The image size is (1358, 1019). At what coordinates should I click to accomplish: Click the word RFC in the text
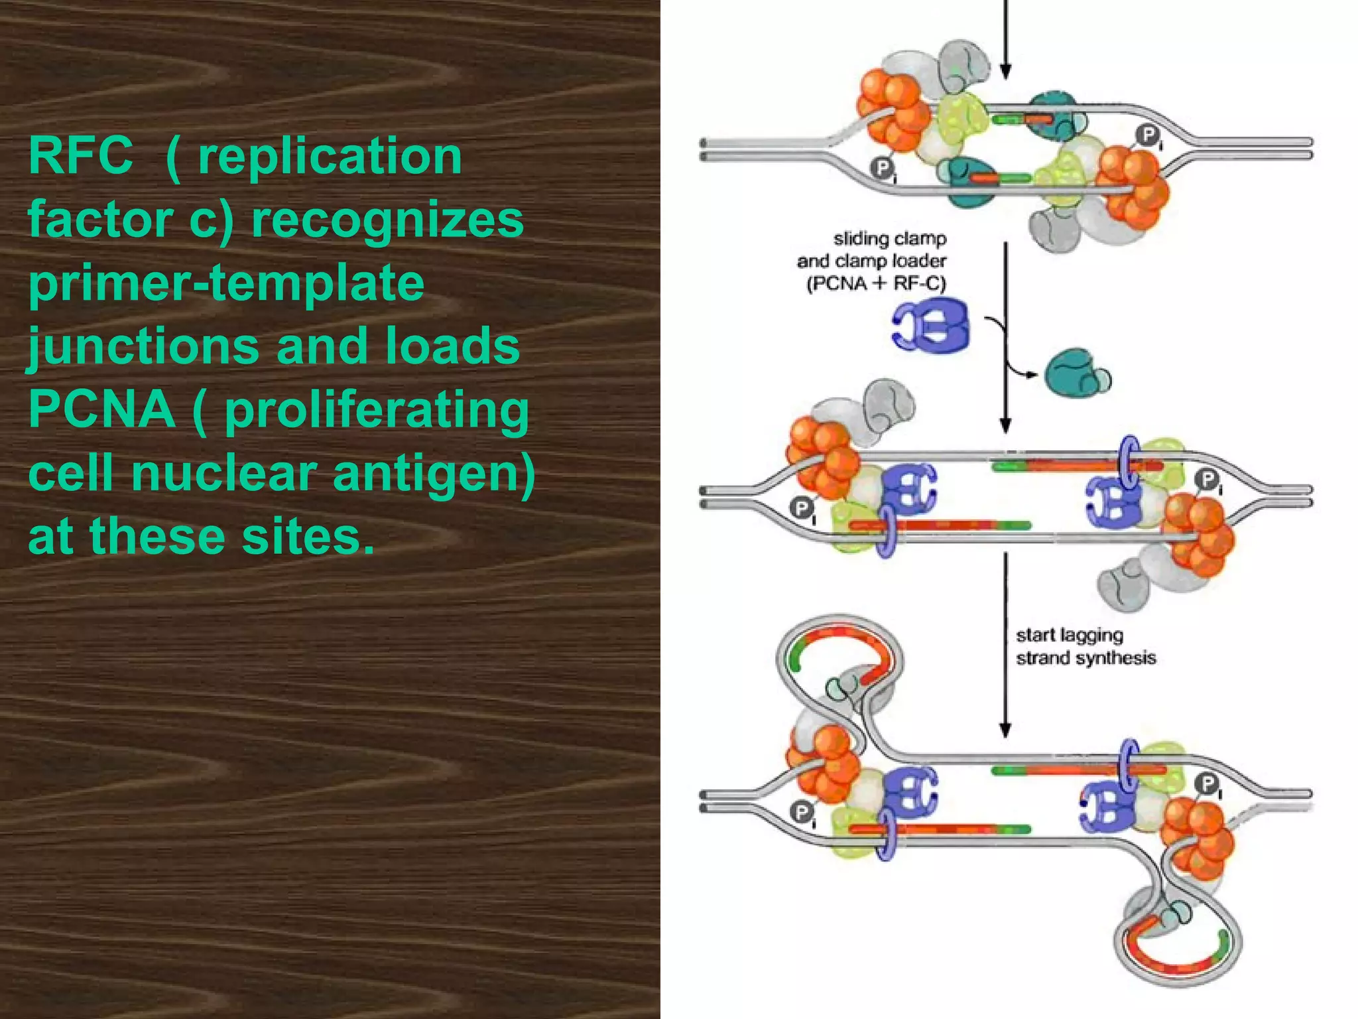80,156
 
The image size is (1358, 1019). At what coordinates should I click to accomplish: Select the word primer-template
226,283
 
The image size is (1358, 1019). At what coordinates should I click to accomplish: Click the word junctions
143,347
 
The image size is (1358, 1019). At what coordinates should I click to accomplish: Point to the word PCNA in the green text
101,409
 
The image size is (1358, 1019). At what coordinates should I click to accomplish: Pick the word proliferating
377,411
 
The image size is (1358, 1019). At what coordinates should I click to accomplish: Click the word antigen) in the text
434,473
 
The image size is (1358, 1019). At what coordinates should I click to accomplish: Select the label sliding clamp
890,238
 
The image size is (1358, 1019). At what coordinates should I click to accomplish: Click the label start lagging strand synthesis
1085,646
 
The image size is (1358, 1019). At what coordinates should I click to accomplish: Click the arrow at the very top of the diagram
1005,40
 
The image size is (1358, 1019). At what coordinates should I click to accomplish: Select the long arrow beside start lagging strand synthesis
1005,644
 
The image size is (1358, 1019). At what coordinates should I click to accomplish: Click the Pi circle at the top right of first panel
1146,136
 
